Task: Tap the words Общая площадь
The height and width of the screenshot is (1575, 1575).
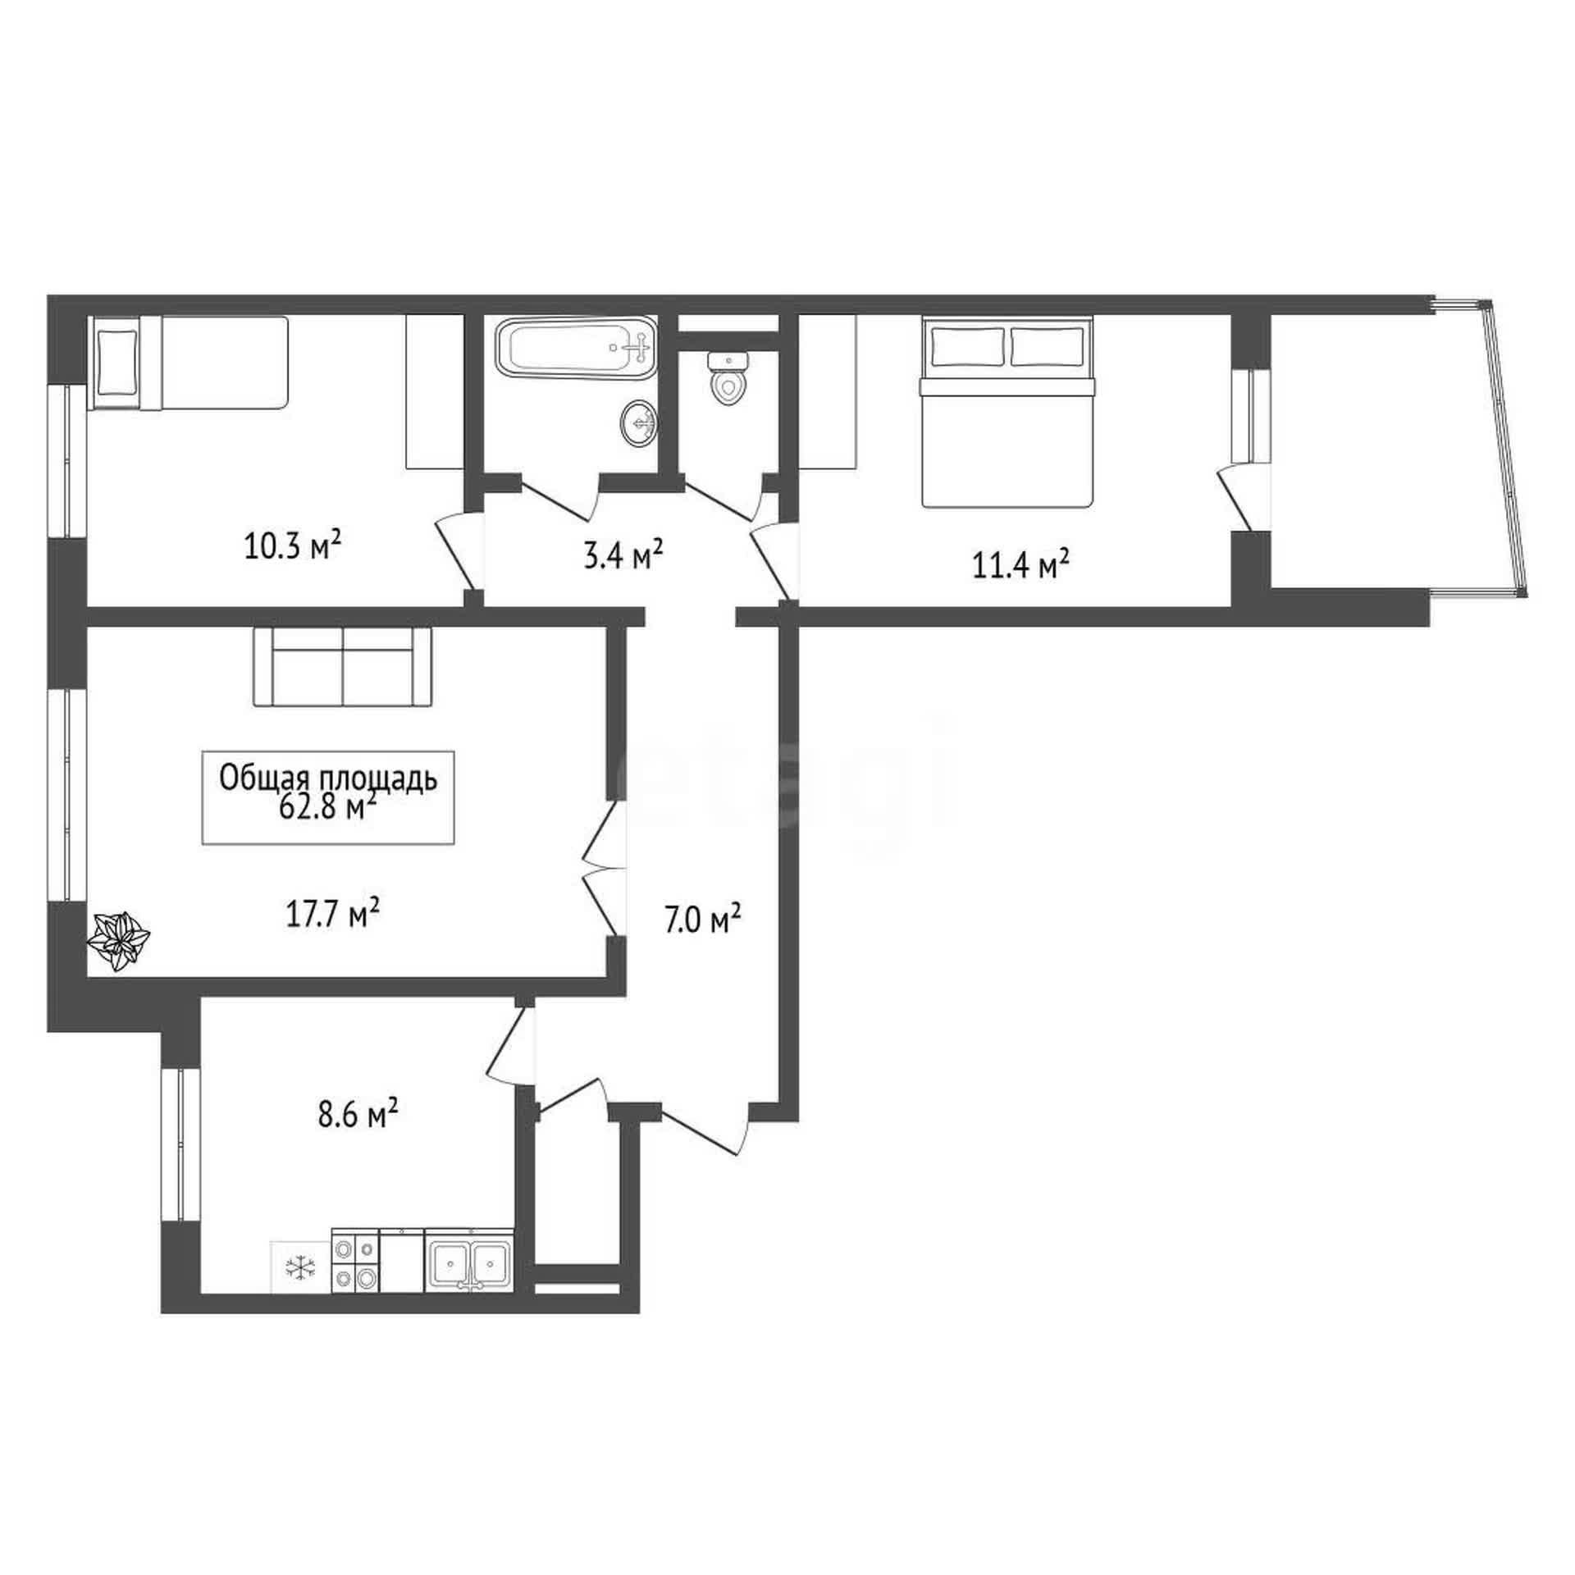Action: pos(328,779)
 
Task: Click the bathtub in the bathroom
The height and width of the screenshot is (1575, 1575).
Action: pos(576,349)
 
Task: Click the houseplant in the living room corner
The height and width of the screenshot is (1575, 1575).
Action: pos(119,941)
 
